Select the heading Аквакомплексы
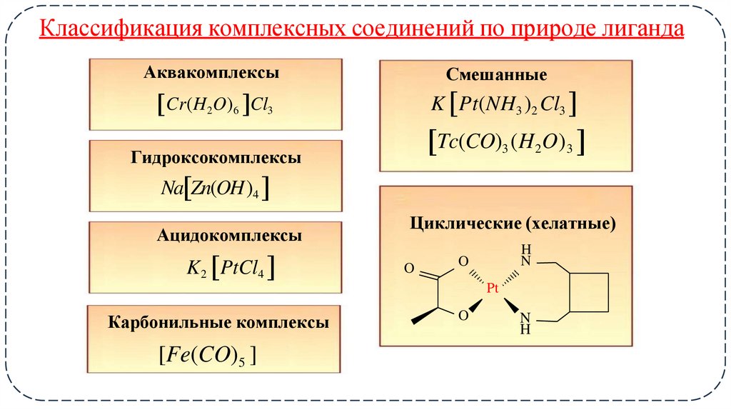(211, 73)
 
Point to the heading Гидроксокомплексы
(216, 158)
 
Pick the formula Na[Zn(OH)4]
(216, 189)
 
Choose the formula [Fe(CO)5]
(207, 354)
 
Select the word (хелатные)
(570, 224)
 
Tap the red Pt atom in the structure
(493, 288)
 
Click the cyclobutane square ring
(590, 293)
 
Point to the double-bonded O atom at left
(409, 269)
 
